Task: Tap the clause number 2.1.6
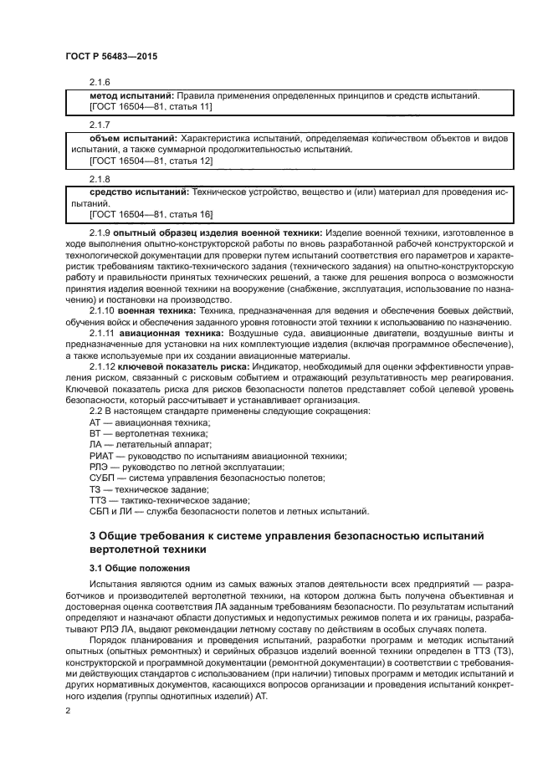point(100,82)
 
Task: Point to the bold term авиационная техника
point(161,333)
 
